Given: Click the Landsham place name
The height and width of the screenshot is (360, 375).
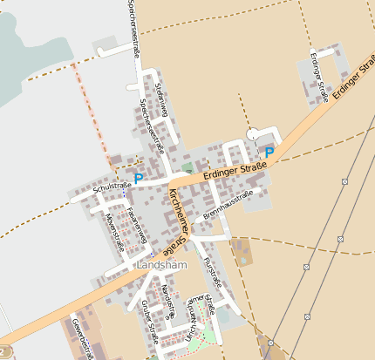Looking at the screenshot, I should click(x=157, y=264).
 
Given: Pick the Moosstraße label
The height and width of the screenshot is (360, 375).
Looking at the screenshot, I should click(x=114, y=230).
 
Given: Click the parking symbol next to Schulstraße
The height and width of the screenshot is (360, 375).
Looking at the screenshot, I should click(x=138, y=178).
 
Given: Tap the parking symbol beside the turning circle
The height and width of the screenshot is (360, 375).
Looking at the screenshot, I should click(x=269, y=152).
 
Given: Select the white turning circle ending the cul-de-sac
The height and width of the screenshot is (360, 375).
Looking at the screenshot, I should click(x=253, y=133).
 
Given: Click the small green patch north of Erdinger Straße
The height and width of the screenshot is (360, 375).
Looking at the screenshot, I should click(x=187, y=166).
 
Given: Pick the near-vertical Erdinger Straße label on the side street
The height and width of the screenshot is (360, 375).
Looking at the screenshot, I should click(x=318, y=77).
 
